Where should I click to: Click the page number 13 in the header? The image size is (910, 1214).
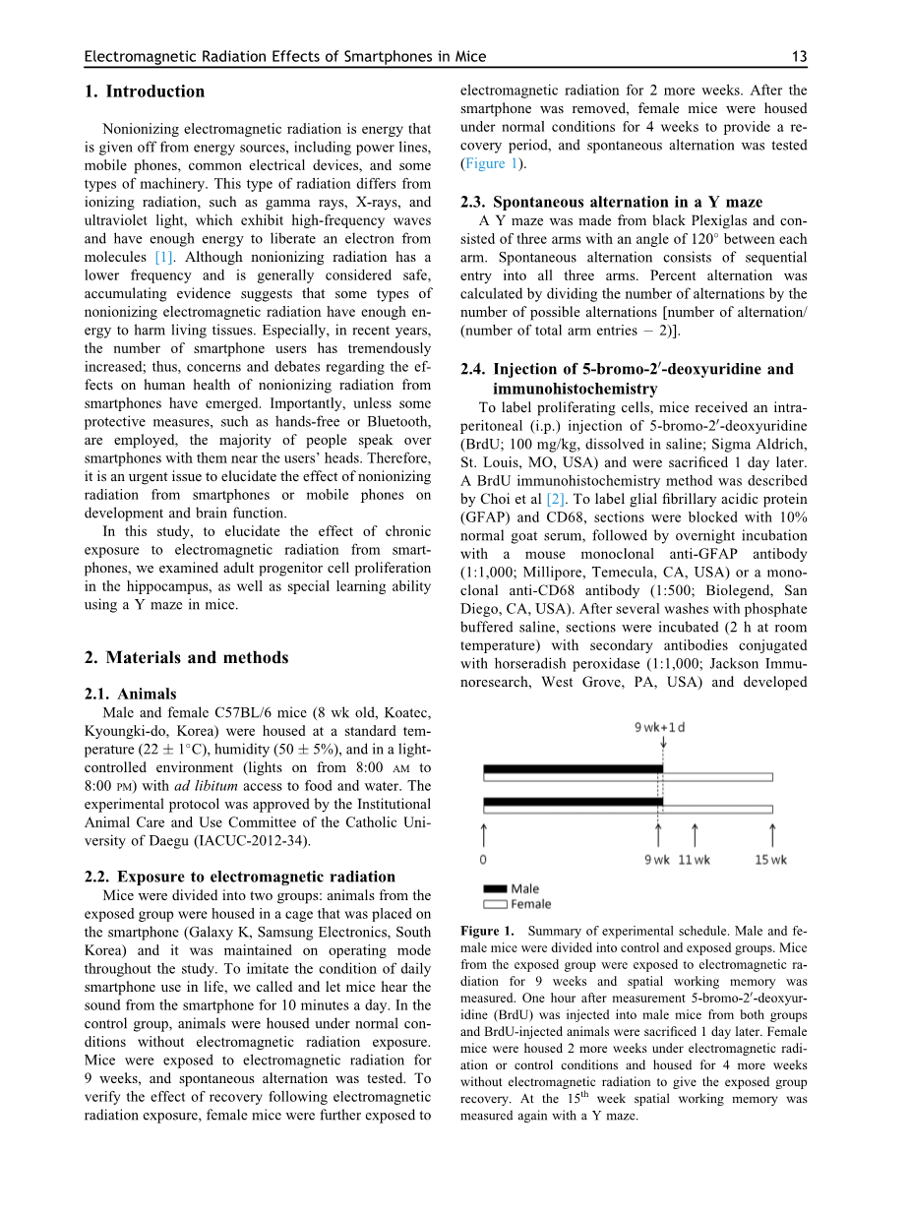tap(799, 57)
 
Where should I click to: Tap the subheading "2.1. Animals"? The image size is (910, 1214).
tap(131, 694)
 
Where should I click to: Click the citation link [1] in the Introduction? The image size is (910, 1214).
tap(164, 258)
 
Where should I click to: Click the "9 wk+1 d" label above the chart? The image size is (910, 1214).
tap(659, 729)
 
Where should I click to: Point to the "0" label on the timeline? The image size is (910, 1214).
tap(483, 860)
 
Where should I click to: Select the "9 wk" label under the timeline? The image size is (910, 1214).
tap(657, 860)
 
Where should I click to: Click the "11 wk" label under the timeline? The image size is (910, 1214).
tap(694, 860)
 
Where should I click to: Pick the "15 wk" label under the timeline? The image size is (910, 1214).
tap(771, 860)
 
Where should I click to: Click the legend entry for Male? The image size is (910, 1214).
tap(524, 889)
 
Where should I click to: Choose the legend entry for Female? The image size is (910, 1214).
tap(530, 904)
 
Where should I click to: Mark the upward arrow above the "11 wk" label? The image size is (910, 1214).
tap(695, 834)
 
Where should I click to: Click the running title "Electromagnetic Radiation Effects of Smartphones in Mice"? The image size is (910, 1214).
tap(284, 57)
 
